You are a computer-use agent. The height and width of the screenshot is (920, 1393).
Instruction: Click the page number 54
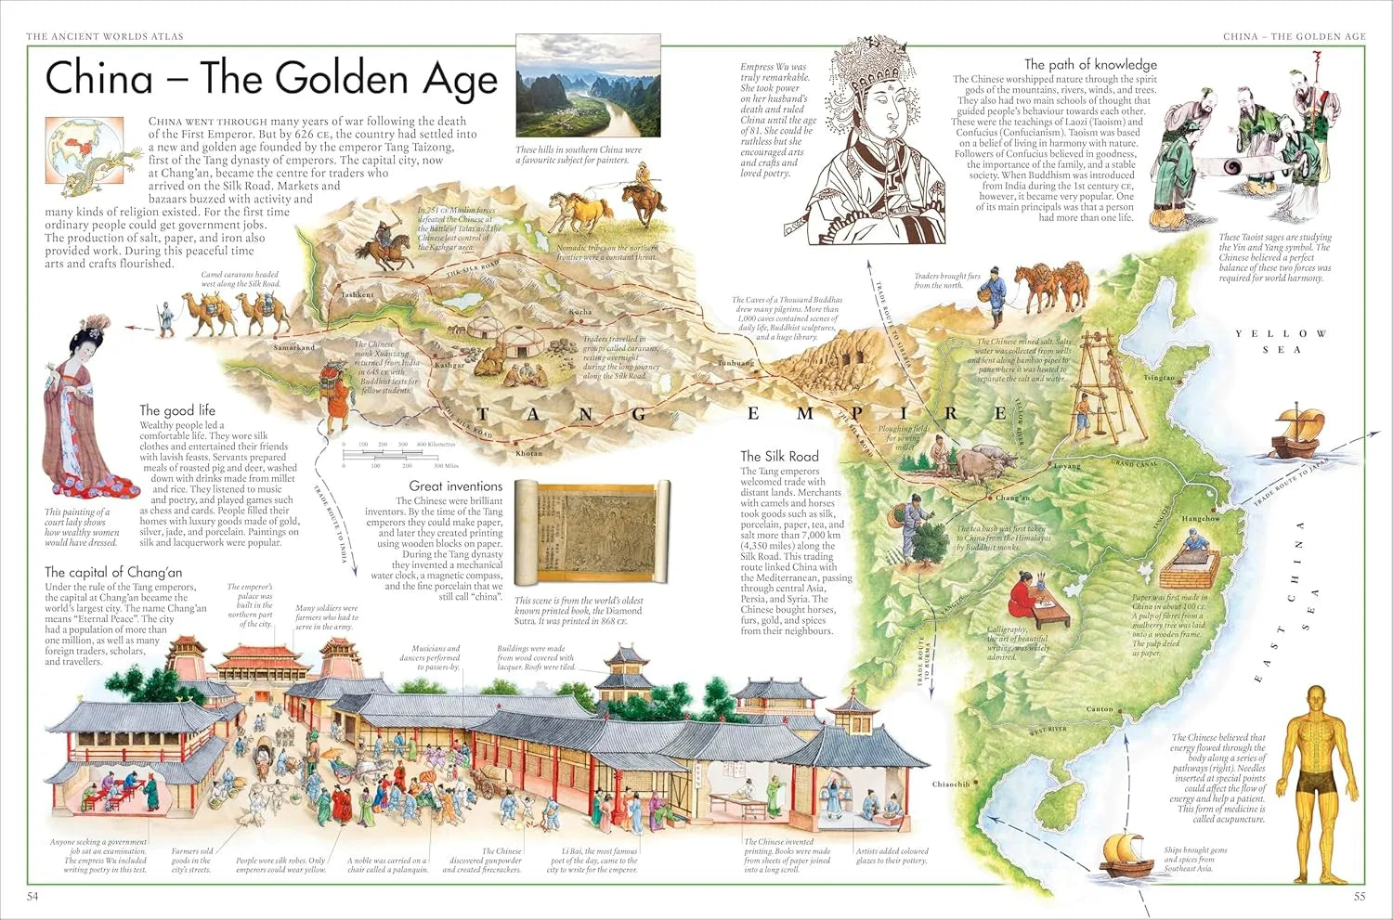(x=33, y=896)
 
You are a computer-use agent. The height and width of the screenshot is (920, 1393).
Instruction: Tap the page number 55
(x=1359, y=896)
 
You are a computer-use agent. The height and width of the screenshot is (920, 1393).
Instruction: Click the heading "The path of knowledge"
(x=1090, y=64)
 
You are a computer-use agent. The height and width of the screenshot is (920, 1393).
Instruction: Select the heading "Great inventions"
(x=455, y=486)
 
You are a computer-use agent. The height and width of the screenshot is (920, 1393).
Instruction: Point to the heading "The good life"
(x=177, y=409)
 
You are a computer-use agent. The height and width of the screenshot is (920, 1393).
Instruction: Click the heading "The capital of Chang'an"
(x=113, y=572)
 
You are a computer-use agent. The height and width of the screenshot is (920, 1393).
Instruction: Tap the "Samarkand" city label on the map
(x=294, y=348)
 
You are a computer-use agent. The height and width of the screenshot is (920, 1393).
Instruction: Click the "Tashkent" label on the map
(x=358, y=295)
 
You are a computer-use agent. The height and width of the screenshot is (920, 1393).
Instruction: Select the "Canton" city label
(x=1100, y=709)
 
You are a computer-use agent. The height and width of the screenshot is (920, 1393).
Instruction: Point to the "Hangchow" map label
(x=1200, y=519)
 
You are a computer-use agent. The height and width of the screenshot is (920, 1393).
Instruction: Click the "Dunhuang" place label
(x=736, y=363)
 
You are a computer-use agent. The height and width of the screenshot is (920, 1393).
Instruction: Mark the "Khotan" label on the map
(x=528, y=454)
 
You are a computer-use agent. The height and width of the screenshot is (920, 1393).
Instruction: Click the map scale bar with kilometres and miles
(x=400, y=455)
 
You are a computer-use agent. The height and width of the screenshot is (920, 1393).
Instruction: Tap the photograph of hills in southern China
(x=588, y=85)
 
